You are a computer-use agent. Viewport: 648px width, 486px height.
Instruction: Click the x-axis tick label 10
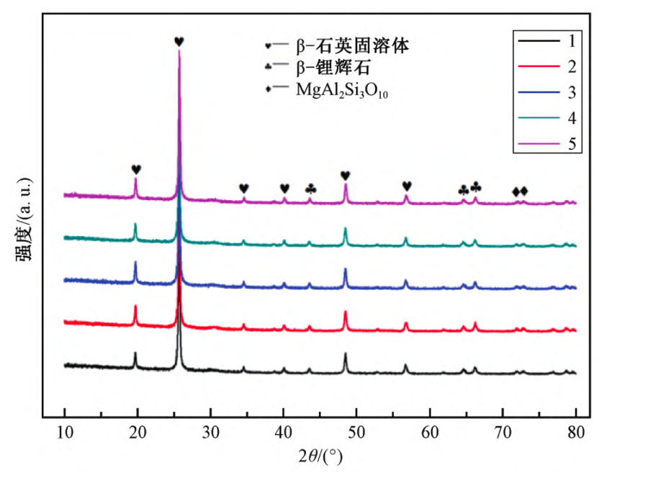[x=65, y=433]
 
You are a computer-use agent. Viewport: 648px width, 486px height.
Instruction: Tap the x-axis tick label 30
[x=210, y=433]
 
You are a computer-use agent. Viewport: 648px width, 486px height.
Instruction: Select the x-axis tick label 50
[x=356, y=433]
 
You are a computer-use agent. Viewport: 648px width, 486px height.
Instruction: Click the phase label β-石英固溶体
[x=352, y=46]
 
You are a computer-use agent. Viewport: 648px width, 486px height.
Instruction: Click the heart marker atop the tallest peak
[x=179, y=42]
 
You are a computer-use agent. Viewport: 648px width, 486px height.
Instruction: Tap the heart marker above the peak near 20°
[x=136, y=169]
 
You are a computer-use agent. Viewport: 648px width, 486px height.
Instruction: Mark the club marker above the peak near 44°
[x=310, y=189]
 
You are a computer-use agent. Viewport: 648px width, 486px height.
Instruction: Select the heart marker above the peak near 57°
[x=407, y=186]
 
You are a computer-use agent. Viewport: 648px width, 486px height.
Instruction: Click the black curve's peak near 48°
[x=346, y=354]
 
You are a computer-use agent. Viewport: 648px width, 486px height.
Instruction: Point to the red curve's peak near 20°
[x=135, y=307]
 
